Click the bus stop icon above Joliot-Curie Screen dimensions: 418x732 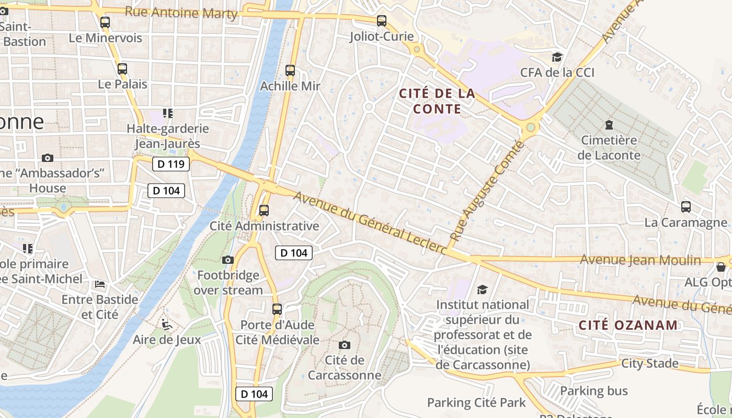pos(382,21)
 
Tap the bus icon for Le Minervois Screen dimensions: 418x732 pos(105,22)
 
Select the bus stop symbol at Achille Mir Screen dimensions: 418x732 pos(290,71)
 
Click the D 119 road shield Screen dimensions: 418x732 pos(171,165)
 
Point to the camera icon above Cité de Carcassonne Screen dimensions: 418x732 pos(344,345)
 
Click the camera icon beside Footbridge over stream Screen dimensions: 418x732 pos(228,260)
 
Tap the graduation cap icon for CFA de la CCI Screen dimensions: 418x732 pos(557,57)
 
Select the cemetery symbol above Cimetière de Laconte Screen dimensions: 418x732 pos(609,125)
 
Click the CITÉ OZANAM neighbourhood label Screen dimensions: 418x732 pos(628,325)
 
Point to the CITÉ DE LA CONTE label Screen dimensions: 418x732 pos(437,101)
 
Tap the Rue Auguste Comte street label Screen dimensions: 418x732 pos(486,192)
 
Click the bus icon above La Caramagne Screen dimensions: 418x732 pos(685,207)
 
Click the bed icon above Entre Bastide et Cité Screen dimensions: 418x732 pos(100,284)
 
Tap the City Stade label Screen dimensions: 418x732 pos(649,364)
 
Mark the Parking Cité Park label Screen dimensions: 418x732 pos(476,403)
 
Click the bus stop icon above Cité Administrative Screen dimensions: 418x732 pos(264,211)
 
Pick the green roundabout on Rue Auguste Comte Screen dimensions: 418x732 pos(531,127)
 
